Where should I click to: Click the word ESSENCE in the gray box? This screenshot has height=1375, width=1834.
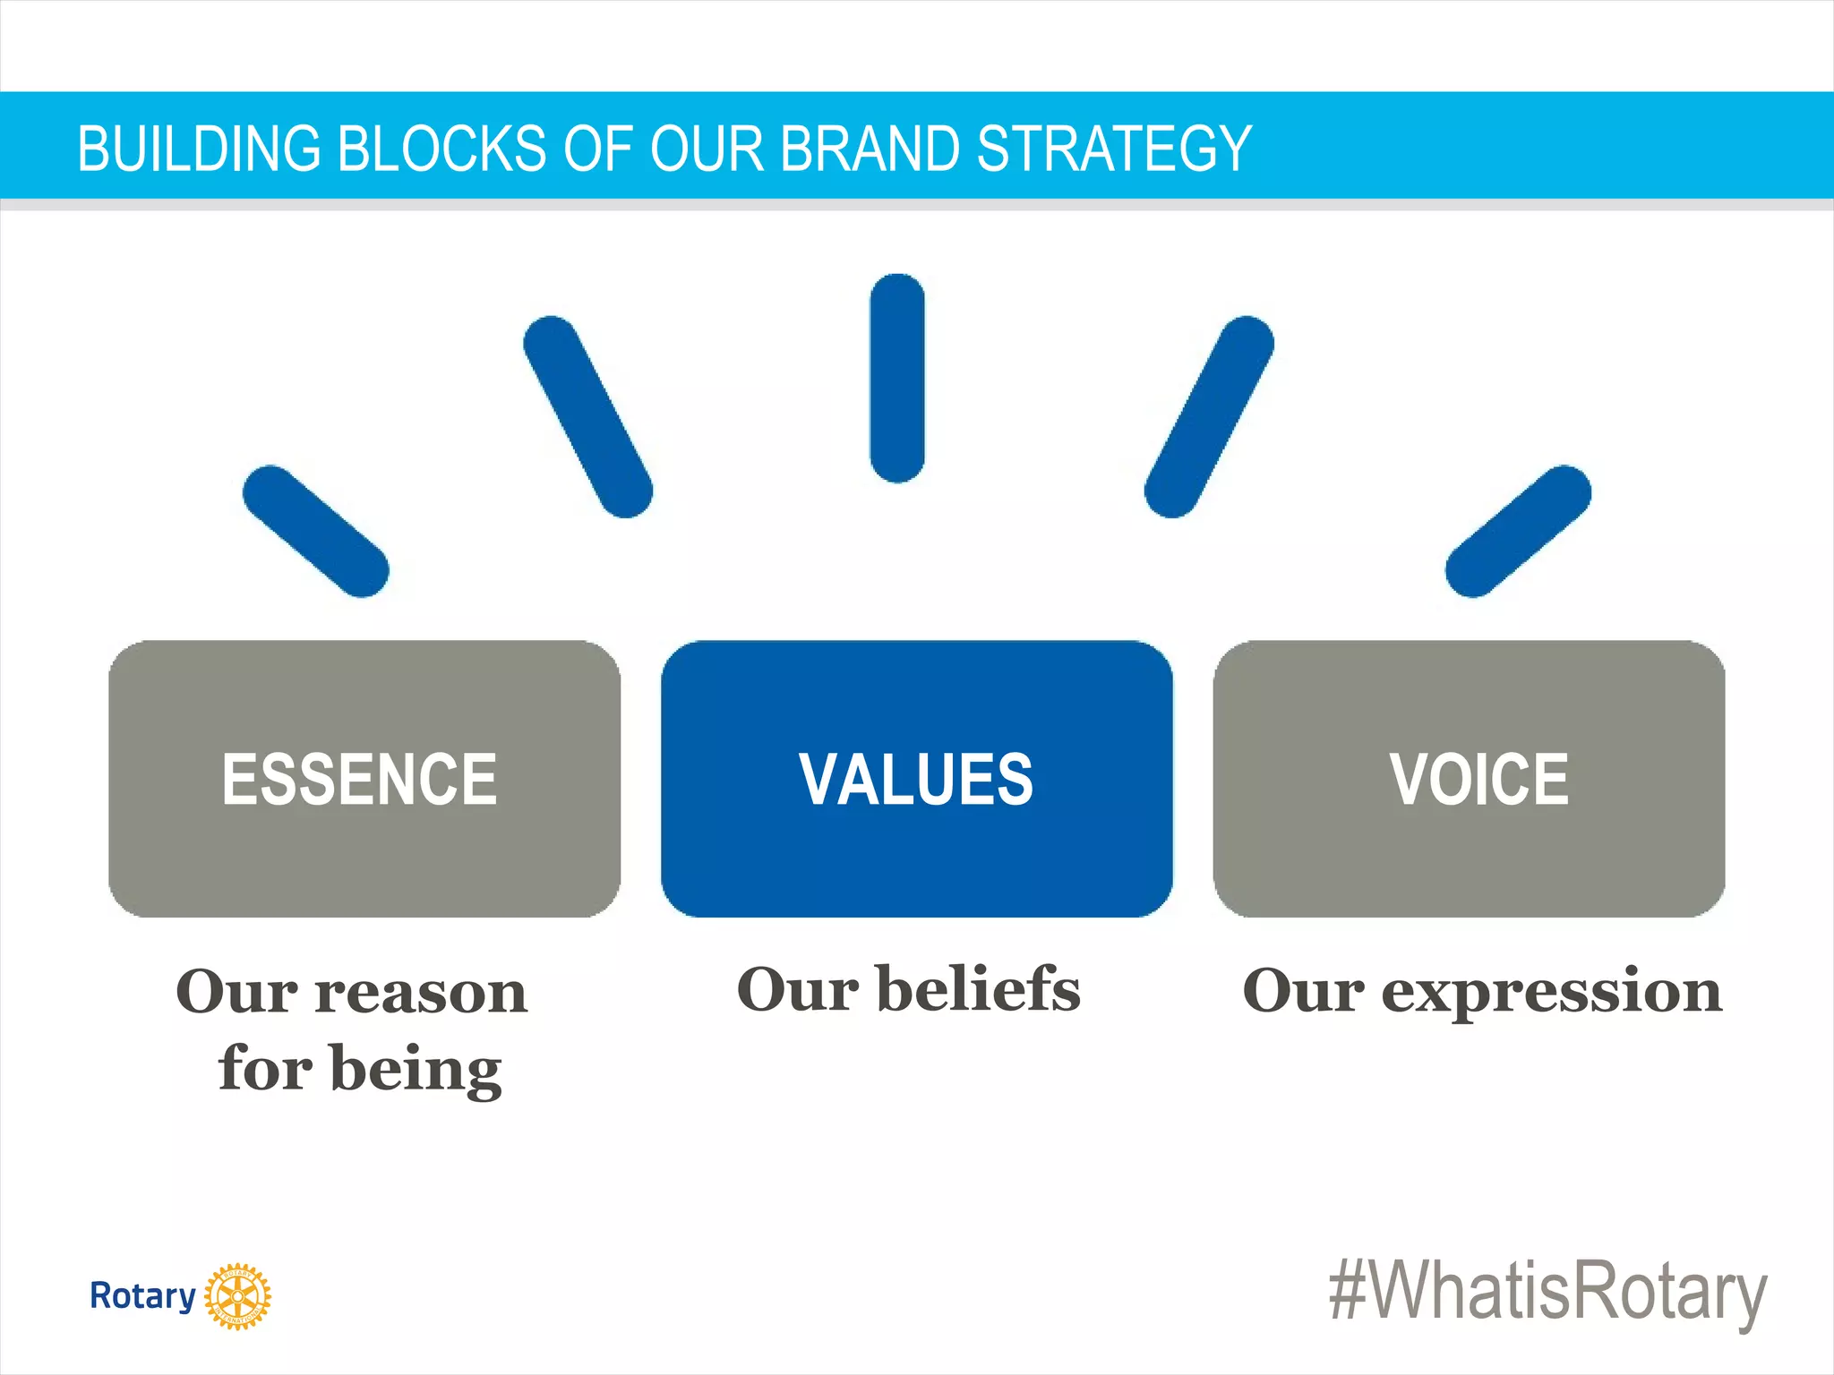(x=359, y=779)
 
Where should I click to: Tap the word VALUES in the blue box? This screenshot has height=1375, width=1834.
(x=916, y=779)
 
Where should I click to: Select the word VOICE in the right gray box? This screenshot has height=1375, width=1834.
(x=1478, y=779)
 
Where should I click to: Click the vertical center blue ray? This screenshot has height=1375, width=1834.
(x=896, y=378)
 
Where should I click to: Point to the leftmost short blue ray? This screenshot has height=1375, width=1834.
(x=315, y=531)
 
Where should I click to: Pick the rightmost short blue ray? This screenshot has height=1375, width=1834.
(x=1518, y=531)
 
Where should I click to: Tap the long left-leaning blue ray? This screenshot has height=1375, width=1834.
(x=587, y=416)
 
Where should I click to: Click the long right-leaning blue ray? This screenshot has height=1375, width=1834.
(x=1209, y=416)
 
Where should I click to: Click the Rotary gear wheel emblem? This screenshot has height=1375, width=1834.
(x=237, y=1296)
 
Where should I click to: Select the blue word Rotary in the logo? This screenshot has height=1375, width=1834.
(x=142, y=1295)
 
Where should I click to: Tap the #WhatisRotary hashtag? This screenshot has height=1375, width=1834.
(x=1547, y=1292)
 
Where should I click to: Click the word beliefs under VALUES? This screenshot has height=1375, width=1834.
(x=979, y=989)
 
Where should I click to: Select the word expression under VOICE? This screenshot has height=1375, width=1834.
(x=1551, y=992)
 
